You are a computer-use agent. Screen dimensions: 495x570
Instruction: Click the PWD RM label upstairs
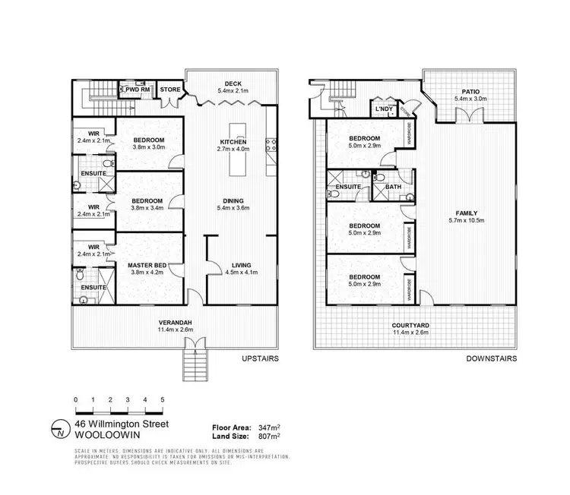pyautogui.click(x=138, y=90)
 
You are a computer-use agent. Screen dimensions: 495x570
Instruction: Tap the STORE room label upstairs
pyautogui.click(x=169, y=90)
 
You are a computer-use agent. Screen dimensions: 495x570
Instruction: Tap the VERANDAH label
pyautogui.click(x=175, y=321)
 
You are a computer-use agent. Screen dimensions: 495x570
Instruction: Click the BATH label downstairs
pyautogui.click(x=393, y=186)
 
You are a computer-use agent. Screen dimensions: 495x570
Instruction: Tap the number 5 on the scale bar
pyautogui.click(x=163, y=399)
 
